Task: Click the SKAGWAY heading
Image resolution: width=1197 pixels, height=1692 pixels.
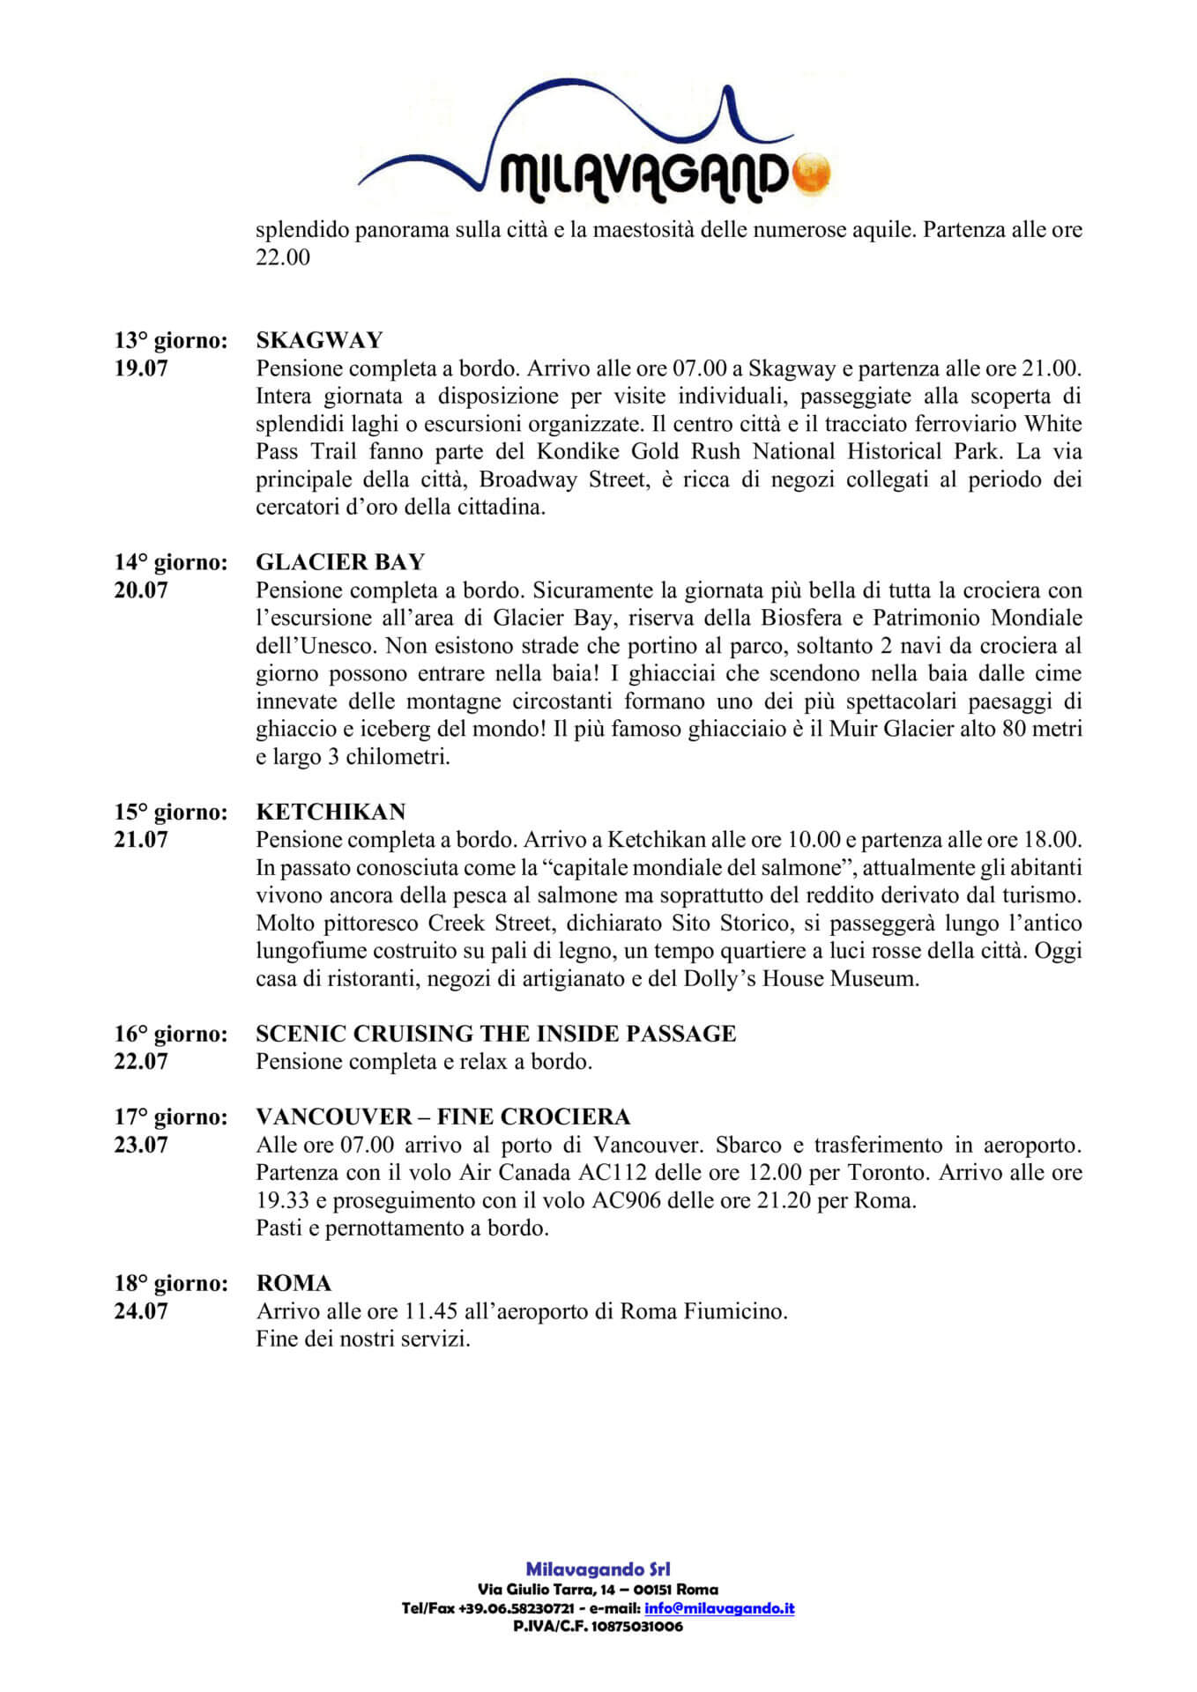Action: pos(319,340)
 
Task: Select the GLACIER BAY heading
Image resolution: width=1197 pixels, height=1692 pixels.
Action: pos(340,562)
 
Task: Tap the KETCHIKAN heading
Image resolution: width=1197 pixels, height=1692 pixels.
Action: pos(331,812)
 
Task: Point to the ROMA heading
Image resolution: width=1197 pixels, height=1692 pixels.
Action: pos(294,1283)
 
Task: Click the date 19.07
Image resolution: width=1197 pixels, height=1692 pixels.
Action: pos(141,368)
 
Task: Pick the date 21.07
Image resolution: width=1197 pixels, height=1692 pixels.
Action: pos(141,840)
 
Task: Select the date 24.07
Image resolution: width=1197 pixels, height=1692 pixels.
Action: pos(141,1311)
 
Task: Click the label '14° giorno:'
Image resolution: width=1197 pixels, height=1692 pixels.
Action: pos(171,562)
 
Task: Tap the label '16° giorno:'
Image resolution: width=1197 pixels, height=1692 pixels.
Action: pos(171,1034)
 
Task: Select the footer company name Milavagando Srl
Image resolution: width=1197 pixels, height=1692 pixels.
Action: pos(598,1569)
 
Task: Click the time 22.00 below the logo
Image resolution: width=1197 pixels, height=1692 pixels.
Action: pos(283,258)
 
